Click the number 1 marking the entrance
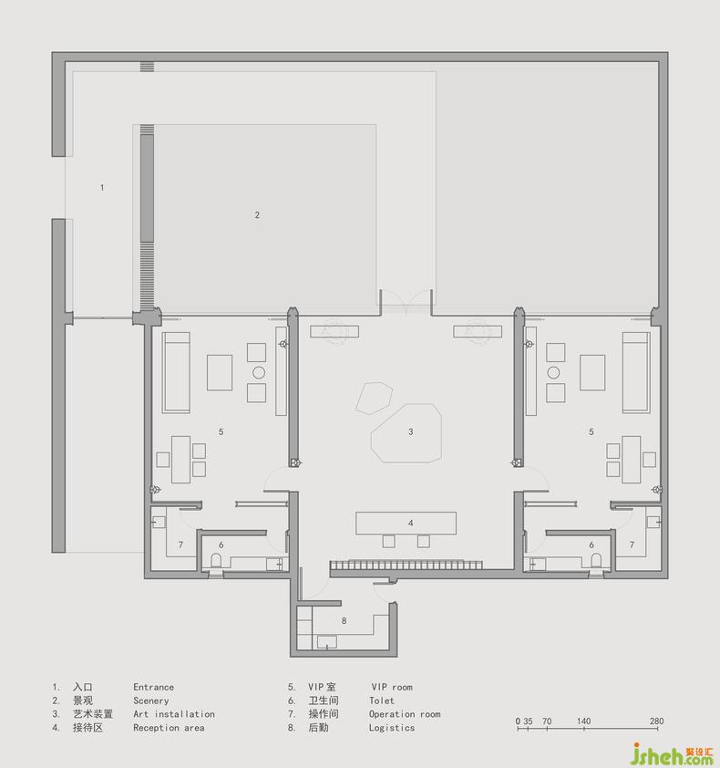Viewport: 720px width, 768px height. click(102, 188)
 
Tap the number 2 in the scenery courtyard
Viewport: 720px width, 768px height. click(257, 215)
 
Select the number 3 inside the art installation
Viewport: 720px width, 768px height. click(411, 432)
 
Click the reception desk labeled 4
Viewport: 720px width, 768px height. click(406, 524)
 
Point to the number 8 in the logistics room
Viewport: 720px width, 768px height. click(345, 621)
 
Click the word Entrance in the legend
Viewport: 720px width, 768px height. click(153, 687)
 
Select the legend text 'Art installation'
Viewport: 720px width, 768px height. click(174, 714)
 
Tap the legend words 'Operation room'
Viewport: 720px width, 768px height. click(405, 714)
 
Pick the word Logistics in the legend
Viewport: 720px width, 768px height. click(392, 728)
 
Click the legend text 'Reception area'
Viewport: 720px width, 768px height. click(169, 728)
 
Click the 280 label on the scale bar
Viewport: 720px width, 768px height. click(656, 721)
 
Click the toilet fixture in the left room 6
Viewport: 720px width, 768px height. click(216, 560)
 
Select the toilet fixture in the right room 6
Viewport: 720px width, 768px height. click(596, 560)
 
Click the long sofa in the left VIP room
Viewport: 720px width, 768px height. click(176, 373)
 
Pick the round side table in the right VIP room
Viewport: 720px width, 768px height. click(553, 373)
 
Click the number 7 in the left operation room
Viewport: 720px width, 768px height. click(180, 545)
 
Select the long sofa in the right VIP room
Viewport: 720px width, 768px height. click(636, 373)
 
